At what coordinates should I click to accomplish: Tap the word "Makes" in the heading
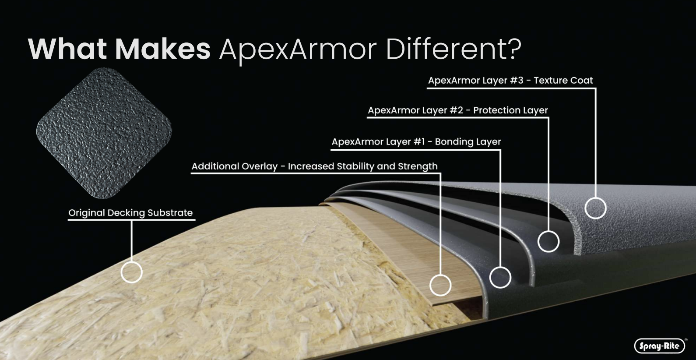[163, 49]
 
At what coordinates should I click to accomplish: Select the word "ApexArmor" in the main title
[298, 50]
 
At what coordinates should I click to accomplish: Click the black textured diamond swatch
[104, 133]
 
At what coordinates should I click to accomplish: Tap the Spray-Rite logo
[659, 346]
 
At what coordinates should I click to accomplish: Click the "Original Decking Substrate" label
[130, 213]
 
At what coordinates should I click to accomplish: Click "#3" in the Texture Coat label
[517, 81]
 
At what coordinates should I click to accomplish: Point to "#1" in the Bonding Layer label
[419, 142]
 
